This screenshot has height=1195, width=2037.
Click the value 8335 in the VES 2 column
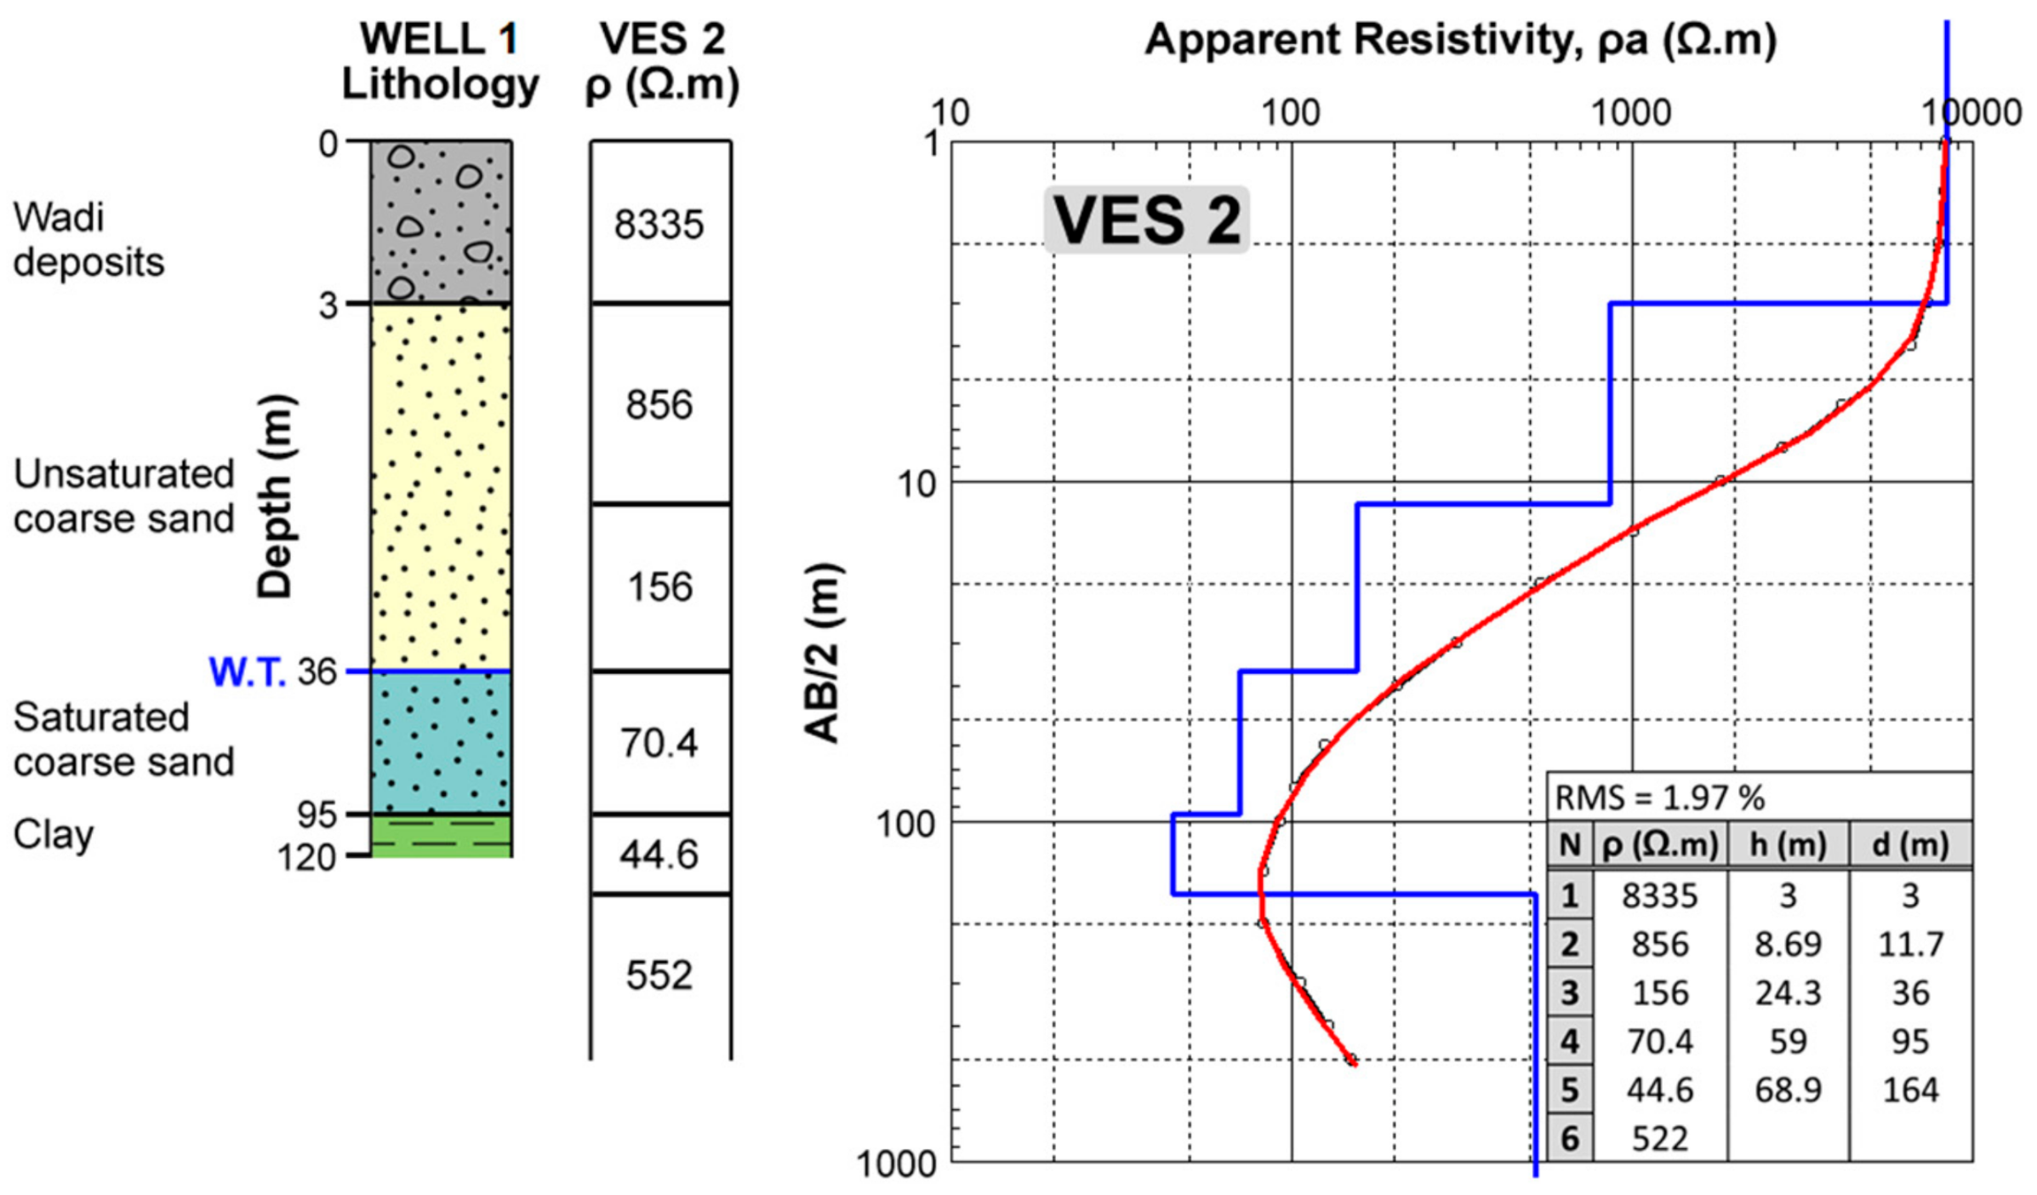click(659, 226)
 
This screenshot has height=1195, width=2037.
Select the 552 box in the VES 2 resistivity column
click(659, 975)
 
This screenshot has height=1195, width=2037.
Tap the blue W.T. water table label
click(247, 672)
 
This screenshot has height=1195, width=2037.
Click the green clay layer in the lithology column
click(441, 836)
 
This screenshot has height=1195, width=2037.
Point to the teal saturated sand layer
click(441, 742)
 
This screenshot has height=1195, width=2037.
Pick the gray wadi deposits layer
click(441, 221)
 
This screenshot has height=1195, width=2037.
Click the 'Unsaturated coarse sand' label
click(123, 496)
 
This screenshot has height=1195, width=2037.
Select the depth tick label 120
click(307, 857)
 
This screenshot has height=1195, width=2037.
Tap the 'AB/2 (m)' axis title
click(822, 653)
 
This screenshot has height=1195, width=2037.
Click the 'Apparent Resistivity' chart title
click(1460, 40)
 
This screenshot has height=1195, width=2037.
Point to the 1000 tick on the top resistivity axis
click(1631, 113)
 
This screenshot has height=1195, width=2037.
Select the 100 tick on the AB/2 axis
click(905, 823)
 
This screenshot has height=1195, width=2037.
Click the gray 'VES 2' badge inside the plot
click(1146, 220)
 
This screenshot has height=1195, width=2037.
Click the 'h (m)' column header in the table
click(1788, 845)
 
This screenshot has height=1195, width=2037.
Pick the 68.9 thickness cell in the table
click(1788, 1090)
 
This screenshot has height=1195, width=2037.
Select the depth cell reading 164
click(1910, 1090)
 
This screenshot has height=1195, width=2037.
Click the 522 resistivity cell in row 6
click(1659, 1139)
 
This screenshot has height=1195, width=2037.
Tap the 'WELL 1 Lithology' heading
click(440, 61)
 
